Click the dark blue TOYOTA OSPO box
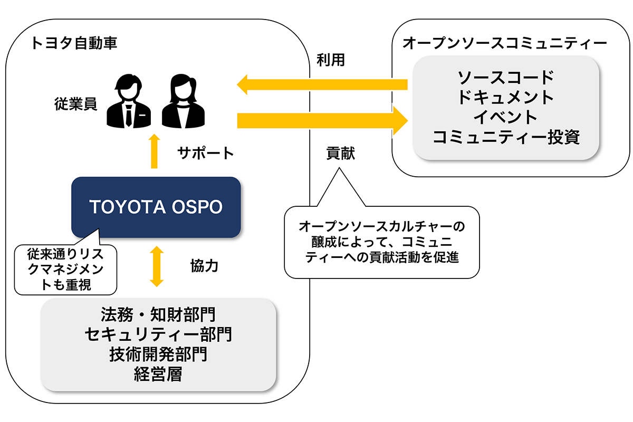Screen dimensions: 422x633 [156, 207]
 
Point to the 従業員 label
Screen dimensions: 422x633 [75, 103]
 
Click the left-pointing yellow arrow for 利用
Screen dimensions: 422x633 [322, 84]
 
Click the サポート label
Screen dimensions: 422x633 [205, 154]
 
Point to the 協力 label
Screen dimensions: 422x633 [204, 266]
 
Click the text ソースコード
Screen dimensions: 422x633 [506, 78]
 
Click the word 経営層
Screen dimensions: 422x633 [158, 375]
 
